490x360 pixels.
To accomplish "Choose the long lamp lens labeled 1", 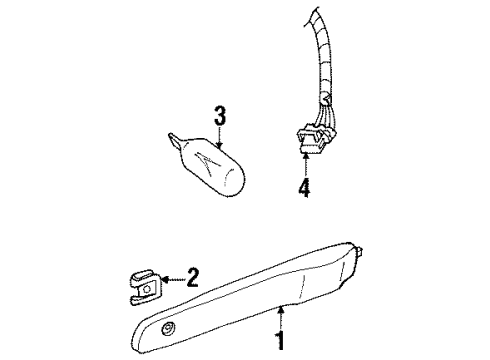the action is pyautogui.click(x=260, y=301).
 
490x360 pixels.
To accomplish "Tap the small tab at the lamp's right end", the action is pyautogui.click(x=357, y=273).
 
